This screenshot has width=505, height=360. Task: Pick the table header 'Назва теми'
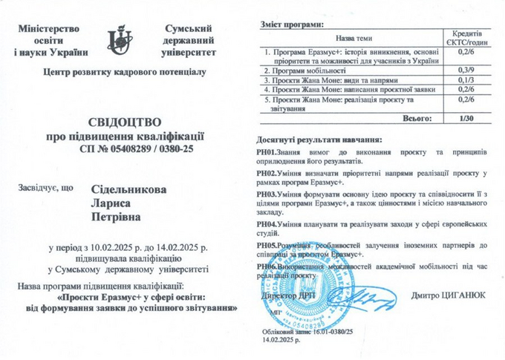(x=353, y=38)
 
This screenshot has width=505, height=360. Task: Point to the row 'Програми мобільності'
(x=307, y=71)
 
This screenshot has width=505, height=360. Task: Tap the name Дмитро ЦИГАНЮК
(x=448, y=295)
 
